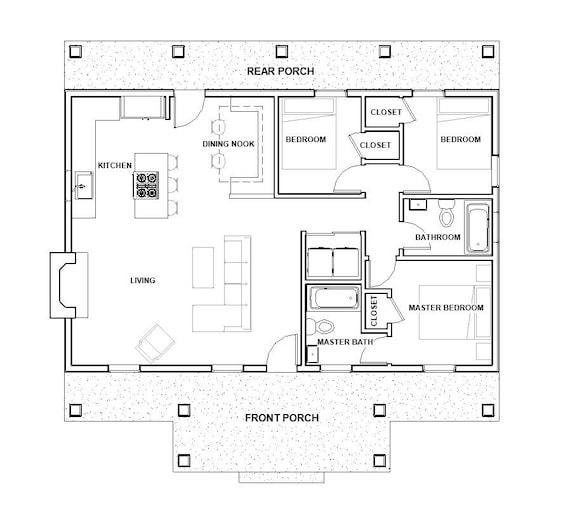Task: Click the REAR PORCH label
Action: point(280,71)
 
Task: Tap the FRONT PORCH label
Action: point(282,418)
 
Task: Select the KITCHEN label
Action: point(115,165)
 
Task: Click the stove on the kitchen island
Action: point(147,185)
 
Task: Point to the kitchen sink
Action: point(84,185)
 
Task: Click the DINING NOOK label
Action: point(228,144)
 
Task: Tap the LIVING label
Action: point(142,280)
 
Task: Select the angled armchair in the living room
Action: point(155,344)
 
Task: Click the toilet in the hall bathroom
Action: point(446,213)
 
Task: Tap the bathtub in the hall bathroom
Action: point(477,228)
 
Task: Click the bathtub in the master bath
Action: point(334,297)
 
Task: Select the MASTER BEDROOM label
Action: point(446,308)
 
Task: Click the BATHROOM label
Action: point(438,237)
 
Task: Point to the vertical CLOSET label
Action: point(374,311)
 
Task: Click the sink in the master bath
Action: point(313,354)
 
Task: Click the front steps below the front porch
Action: point(281,477)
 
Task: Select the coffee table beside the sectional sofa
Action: point(203,268)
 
